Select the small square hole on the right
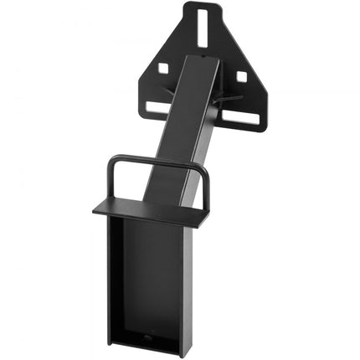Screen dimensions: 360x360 click(241, 76)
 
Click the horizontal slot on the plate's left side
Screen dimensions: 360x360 click(157, 106)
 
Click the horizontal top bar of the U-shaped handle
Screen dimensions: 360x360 click(158, 158)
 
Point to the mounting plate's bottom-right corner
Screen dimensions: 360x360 click(262, 130)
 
